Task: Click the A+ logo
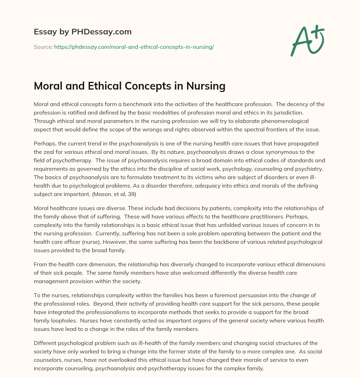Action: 307,41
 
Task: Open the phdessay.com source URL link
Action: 134,47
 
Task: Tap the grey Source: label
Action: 43,47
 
